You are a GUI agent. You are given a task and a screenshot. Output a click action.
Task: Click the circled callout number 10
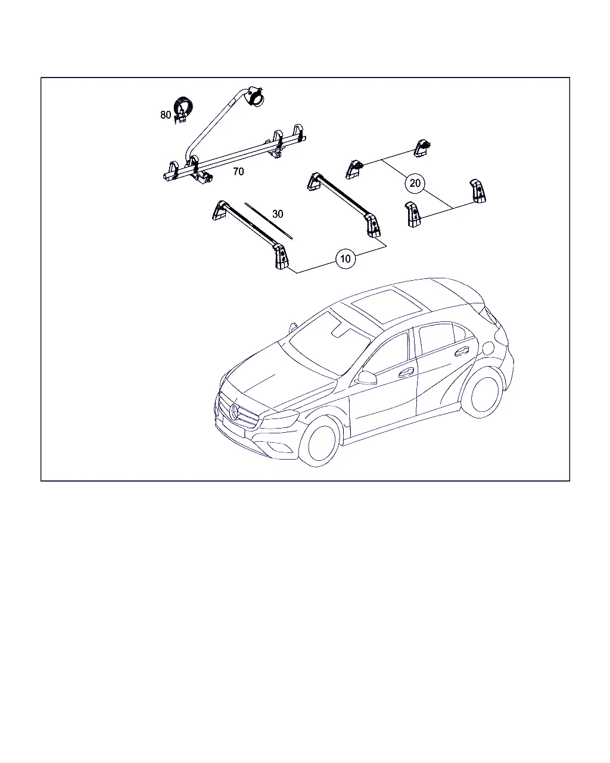pos(346,259)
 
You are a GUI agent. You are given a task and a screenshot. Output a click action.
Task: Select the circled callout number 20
pos(415,183)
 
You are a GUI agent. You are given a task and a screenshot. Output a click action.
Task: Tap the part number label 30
pos(278,214)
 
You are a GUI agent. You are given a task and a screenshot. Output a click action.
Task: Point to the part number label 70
pos(238,172)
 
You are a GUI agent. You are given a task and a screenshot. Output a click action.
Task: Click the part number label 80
pos(166,115)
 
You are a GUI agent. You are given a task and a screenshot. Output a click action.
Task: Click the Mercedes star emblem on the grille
pos(235,412)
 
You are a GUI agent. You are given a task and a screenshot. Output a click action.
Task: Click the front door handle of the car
pos(406,373)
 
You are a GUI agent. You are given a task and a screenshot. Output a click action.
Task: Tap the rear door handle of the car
pos(462,351)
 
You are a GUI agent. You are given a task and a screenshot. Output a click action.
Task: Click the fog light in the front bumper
pos(284,448)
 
